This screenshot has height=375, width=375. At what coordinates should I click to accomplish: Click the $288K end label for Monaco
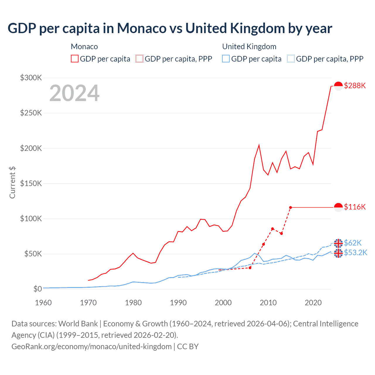(x=355, y=86)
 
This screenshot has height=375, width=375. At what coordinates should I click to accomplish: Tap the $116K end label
(x=355, y=207)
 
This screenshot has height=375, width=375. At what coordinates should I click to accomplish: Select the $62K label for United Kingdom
(x=353, y=243)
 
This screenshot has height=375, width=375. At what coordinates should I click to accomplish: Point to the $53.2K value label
(x=355, y=253)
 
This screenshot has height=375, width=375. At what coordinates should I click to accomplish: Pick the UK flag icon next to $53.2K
(x=338, y=253)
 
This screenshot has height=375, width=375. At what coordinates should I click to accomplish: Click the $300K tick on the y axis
(x=31, y=78)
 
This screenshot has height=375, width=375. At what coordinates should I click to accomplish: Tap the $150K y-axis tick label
(x=31, y=183)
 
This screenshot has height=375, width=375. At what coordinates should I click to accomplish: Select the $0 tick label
(x=37, y=289)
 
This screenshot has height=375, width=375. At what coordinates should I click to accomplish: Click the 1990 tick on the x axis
(x=178, y=303)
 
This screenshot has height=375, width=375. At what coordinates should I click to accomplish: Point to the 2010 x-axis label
(x=268, y=303)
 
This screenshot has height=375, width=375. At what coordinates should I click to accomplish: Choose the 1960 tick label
(x=43, y=303)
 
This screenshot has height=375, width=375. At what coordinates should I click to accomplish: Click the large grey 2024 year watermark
(x=74, y=93)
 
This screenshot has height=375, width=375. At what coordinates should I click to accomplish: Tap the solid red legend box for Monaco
(x=75, y=59)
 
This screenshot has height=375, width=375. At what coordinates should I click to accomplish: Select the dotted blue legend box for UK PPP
(x=291, y=59)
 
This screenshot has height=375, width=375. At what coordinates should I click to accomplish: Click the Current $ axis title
(x=12, y=182)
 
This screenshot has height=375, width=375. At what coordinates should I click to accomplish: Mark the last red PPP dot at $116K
(x=291, y=207)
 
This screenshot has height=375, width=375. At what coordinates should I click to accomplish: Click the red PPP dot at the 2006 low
(x=250, y=268)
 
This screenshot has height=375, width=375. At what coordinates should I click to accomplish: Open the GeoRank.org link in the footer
(x=91, y=347)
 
